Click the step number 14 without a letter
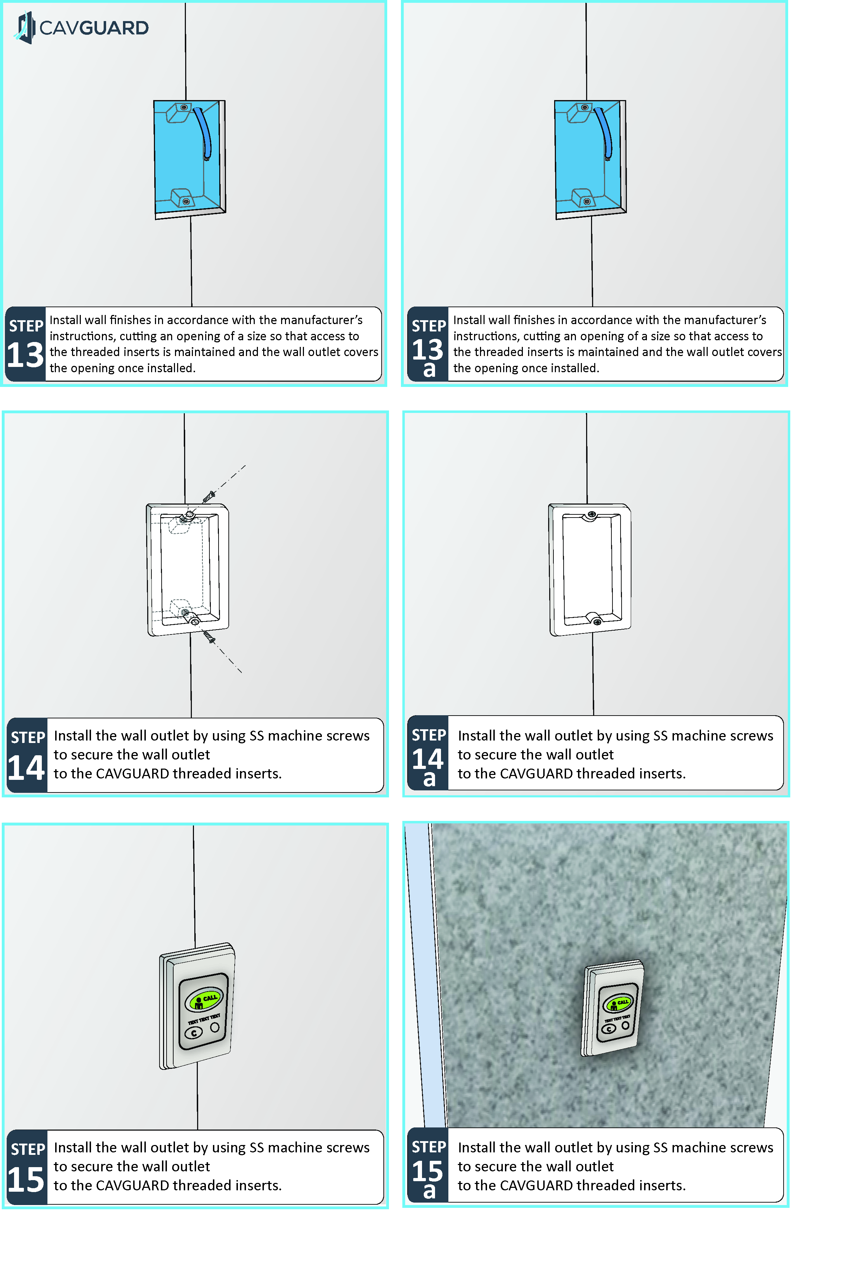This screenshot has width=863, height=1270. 26,767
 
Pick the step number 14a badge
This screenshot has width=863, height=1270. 428,765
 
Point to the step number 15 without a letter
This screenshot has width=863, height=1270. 26,1179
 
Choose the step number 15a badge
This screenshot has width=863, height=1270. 428,1177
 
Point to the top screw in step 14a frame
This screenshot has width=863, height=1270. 592,514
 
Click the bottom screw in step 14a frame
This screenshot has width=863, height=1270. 597,621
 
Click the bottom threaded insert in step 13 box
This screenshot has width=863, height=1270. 186,202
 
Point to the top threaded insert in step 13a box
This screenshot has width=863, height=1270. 585,107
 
